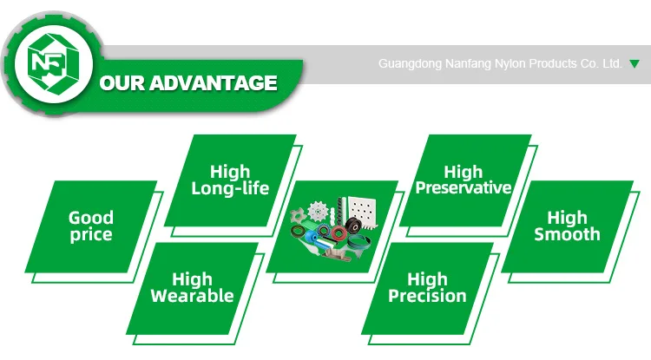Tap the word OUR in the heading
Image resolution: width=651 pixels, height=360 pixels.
tap(124, 84)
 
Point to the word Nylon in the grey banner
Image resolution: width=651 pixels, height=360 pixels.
tap(507, 64)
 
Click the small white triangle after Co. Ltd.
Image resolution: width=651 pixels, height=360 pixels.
tap(634, 64)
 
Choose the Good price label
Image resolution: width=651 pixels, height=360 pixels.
tap(91, 226)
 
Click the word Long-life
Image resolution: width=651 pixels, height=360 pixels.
tap(230, 189)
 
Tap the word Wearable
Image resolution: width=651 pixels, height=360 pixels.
tap(192, 297)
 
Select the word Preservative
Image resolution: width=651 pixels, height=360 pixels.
tap(464, 188)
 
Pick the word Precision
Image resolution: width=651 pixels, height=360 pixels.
tap(427, 297)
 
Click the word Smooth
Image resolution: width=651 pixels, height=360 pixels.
tap(567, 234)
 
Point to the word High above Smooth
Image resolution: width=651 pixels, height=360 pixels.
tap(567, 217)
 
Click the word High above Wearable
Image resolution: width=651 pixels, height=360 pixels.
tap(192, 279)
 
